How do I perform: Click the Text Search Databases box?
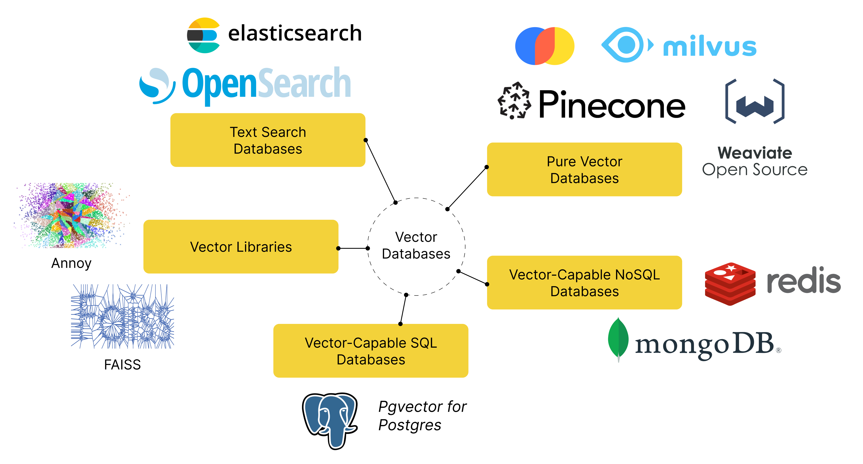[268, 140]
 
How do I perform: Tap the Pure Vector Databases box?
[584, 169]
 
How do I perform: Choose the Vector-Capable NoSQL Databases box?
[584, 283]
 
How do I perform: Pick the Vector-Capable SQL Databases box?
[371, 351]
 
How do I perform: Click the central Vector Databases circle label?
[416, 245]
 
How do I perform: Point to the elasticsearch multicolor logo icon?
[203, 35]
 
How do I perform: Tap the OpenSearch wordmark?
[266, 84]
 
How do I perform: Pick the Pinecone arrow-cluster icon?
[514, 100]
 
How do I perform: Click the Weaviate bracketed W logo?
[755, 102]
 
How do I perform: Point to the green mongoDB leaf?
[618, 339]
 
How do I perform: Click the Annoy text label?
[71, 263]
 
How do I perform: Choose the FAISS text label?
[122, 365]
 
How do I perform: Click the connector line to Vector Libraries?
[353, 248]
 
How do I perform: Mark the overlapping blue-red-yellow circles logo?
[544, 46]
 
